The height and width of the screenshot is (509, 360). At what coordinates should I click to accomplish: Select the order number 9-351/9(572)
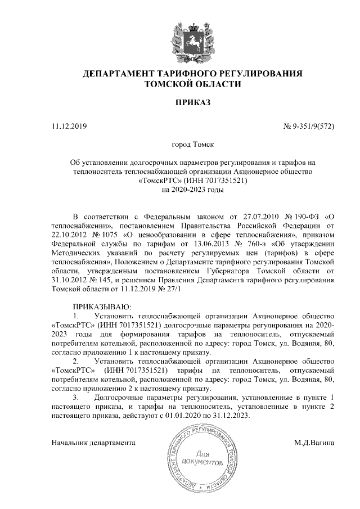(313, 126)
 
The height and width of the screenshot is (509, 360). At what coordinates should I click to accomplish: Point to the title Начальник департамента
(93, 443)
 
